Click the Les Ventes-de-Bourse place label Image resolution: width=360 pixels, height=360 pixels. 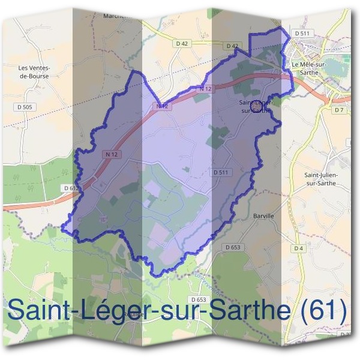coord(34,72)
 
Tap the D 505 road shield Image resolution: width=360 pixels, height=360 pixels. coord(23,107)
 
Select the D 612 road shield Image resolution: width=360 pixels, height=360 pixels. coord(71,188)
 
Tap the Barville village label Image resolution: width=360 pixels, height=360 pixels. coord(263,215)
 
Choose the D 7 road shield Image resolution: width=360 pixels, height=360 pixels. coord(340,110)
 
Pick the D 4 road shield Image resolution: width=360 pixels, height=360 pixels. coord(299,248)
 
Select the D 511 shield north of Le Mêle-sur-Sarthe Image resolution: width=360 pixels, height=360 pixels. coord(302,33)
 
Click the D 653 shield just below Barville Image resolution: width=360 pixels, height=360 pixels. coord(233,247)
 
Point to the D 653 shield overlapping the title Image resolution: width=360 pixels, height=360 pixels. coord(197,299)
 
